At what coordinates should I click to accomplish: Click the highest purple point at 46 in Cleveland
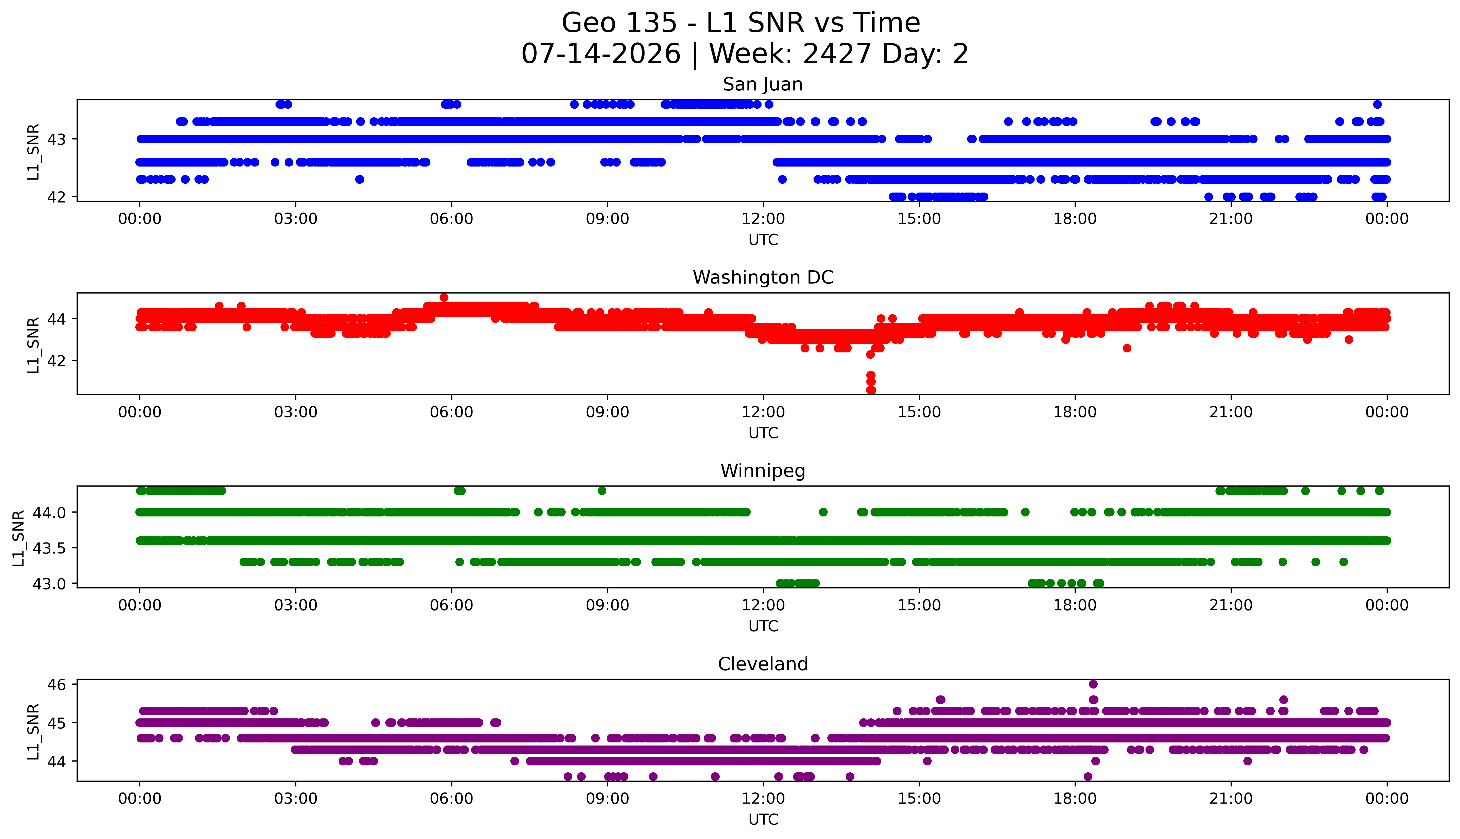(1093, 684)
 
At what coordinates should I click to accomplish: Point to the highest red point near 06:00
(444, 297)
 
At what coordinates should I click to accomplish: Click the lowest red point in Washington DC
(871, 390)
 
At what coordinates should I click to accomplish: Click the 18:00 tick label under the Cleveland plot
(1075, 799)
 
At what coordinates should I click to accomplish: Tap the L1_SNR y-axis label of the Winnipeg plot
(19, 538)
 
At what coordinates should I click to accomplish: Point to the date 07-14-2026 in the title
(601, 54)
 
